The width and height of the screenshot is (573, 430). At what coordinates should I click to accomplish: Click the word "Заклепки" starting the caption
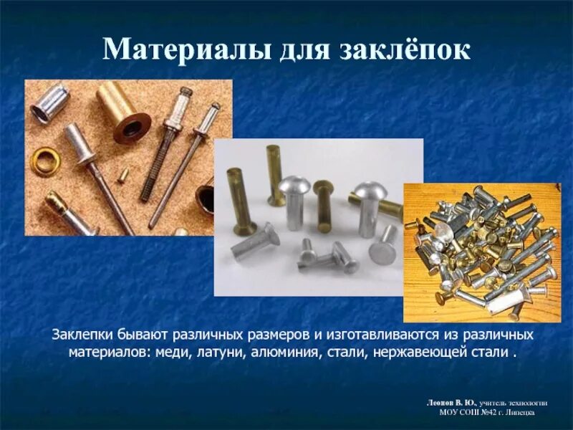80,335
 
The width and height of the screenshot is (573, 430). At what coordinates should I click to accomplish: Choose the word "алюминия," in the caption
297,353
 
